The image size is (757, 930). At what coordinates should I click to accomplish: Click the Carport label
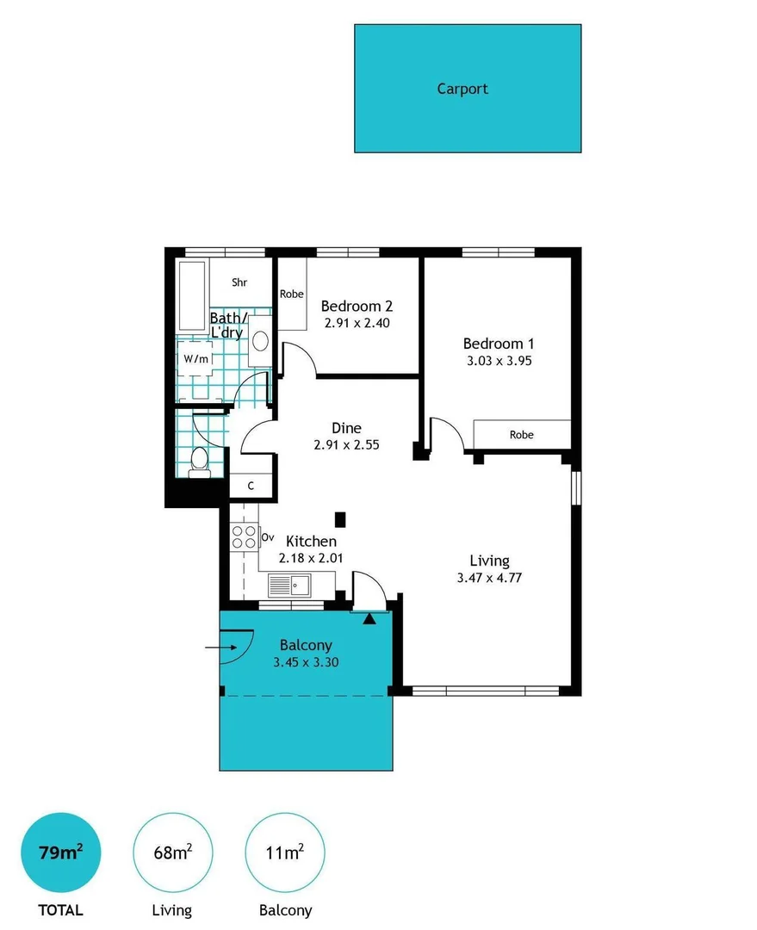pyautogui.click(x=462, y=89)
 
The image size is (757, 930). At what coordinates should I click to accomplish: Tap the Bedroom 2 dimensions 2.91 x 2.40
pyautogui.click(x=357, y=323)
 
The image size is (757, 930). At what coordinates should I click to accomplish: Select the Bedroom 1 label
pyautogui.click(x=499, y=344)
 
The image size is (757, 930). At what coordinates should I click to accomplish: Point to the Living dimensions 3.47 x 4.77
pyautogui.click(x=489, y=578)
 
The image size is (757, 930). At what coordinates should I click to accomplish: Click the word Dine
pyautogui.click(x=346, y=428)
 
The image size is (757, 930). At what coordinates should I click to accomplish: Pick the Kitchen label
pyautogui.click(x=311, y=541)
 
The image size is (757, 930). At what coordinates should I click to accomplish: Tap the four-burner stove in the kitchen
pyautogui.click(x=244, y=536)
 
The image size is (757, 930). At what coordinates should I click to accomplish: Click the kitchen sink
pyautogui.click(x=289, y=586)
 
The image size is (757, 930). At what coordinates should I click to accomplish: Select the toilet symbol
pyautogui.click(x=199, y=462)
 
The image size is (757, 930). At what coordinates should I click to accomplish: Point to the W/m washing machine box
pyautogui.click(x=195, y=359)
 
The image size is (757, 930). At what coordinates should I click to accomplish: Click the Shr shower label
pyautogui.click(x=239, y=282)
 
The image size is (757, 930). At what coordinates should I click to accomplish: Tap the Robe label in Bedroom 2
pyautogui.click(x=291, y=294)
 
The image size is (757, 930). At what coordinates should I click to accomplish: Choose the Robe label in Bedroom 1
pyautogui.click(x=522, y=435)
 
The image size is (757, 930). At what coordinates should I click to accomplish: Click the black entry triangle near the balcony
pyautogui.click(x=369, y=619)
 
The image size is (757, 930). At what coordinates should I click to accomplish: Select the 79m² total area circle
pyautogui.click(x=60, y=852)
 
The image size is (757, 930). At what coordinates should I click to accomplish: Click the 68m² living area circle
pyautogui.click(x=172, y=852)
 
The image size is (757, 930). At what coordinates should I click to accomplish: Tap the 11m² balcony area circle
pyautogui.click(x=285, y=852)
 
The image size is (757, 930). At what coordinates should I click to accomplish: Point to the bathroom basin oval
pyautogui.click(x=260, y=341)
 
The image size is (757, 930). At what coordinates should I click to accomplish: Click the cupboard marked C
pyautogui.click(x=251, y=486)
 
